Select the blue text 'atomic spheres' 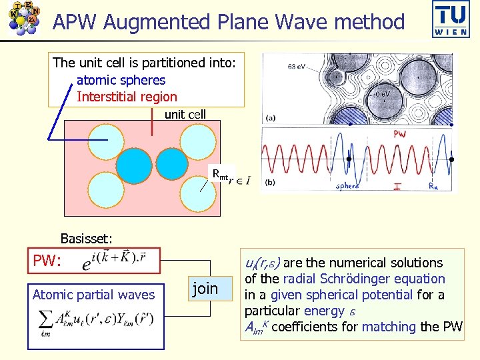coord(121,80)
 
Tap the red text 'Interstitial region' coord(127,97)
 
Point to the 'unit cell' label coord(185,114)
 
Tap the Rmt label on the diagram coord(220,175)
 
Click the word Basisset coord(86,238)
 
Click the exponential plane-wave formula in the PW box coord(116,261)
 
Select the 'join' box coord(205,288)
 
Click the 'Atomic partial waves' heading coord(93,295)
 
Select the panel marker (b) coord(271,181)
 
